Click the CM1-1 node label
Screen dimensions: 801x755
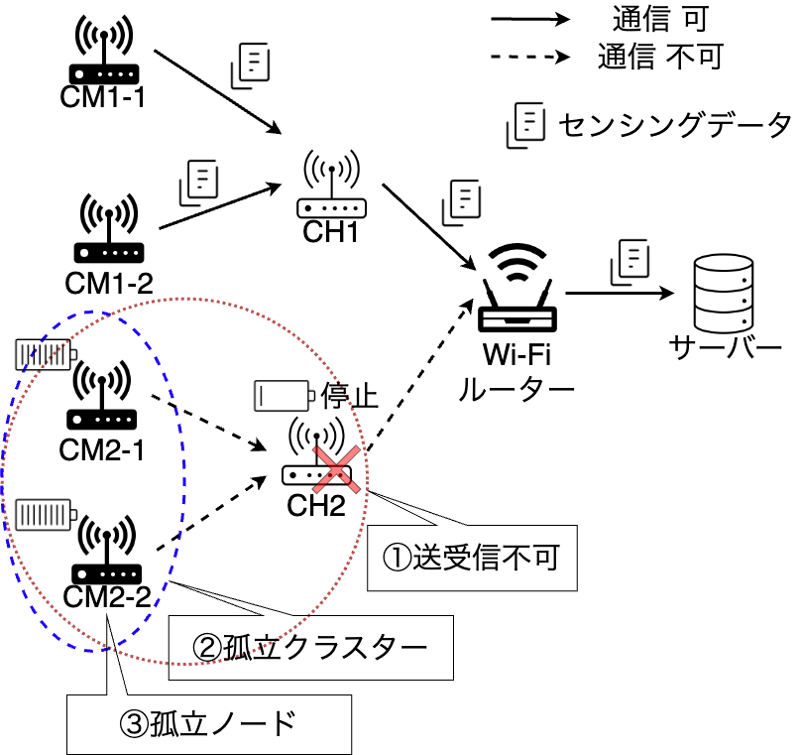(102, 96)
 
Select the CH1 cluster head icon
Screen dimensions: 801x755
(331, 184)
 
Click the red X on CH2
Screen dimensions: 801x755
(337, 469)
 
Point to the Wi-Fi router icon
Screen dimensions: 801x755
(516, 288)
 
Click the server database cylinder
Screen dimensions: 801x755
(724, 294)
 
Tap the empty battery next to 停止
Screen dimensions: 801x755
(285, 396)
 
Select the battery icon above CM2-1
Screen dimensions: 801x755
(46, 354)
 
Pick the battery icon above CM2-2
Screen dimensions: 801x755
(46, 515)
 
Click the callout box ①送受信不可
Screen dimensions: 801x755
(472, 558)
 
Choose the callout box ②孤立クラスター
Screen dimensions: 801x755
(310, 648)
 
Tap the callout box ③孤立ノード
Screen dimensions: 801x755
(209, 724)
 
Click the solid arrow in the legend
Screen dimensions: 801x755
(530, 20)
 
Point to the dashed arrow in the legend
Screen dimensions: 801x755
(530, 57)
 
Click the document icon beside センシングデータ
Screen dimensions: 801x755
(525, 125)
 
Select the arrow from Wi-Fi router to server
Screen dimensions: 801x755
(620, 294)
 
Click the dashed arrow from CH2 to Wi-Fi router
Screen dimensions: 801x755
(421, 375)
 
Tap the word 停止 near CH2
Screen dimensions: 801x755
(350, 396)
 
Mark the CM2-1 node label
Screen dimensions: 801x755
(101, 450)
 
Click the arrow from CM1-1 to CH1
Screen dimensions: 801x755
(218, 92)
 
